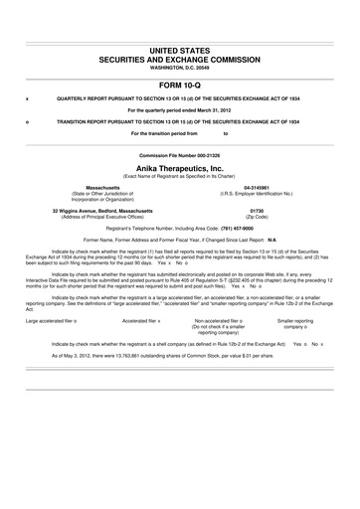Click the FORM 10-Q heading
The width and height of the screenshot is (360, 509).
(179, 85)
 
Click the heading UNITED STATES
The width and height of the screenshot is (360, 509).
(179, 49)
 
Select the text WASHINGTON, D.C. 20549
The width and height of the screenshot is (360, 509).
(179, 68)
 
